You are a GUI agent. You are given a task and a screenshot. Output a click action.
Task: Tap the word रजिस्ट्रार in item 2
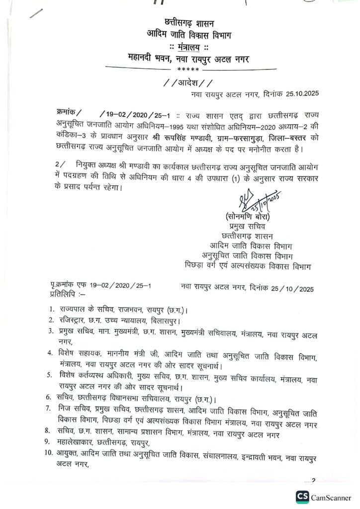point(73,321)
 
